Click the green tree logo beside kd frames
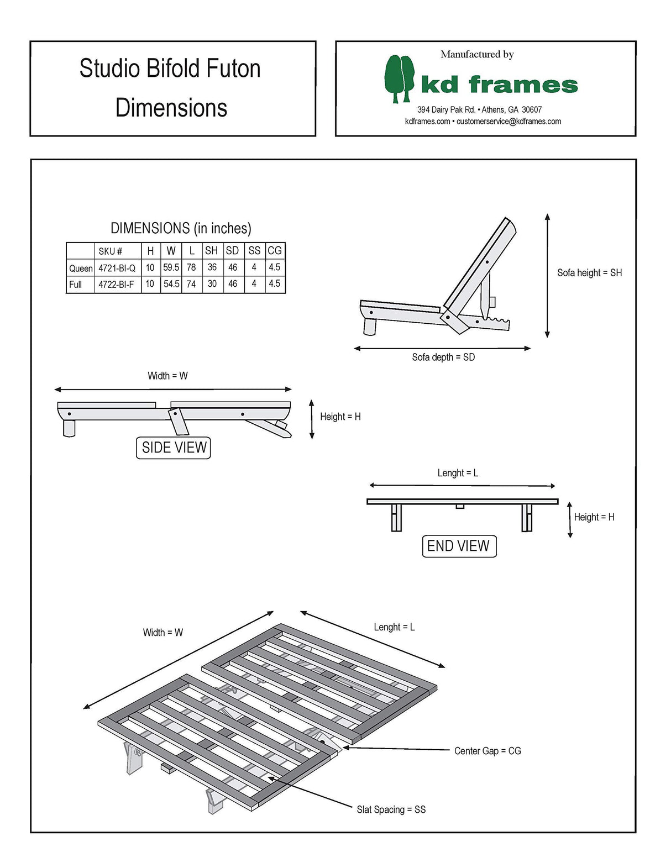point(399,78)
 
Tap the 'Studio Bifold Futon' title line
point(170,69)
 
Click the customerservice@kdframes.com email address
point(509,122)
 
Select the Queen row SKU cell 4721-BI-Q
point(117,268)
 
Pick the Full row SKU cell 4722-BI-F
point(116,285)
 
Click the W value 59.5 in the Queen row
point(171,267)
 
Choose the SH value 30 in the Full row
point(212,284)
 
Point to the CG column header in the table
point(275,251)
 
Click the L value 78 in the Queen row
point(191,267)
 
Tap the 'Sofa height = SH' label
point(589,273)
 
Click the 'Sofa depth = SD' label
point(443,357)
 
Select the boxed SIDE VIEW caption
point(174,448)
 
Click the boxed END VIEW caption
point(459,546)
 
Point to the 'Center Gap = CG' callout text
point(487,751)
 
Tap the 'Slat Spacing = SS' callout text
point(391,809)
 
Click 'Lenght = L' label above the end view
point(458,473)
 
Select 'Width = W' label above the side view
point(167,376)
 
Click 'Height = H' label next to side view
point(340,417)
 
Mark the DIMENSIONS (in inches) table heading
point(181,228)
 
